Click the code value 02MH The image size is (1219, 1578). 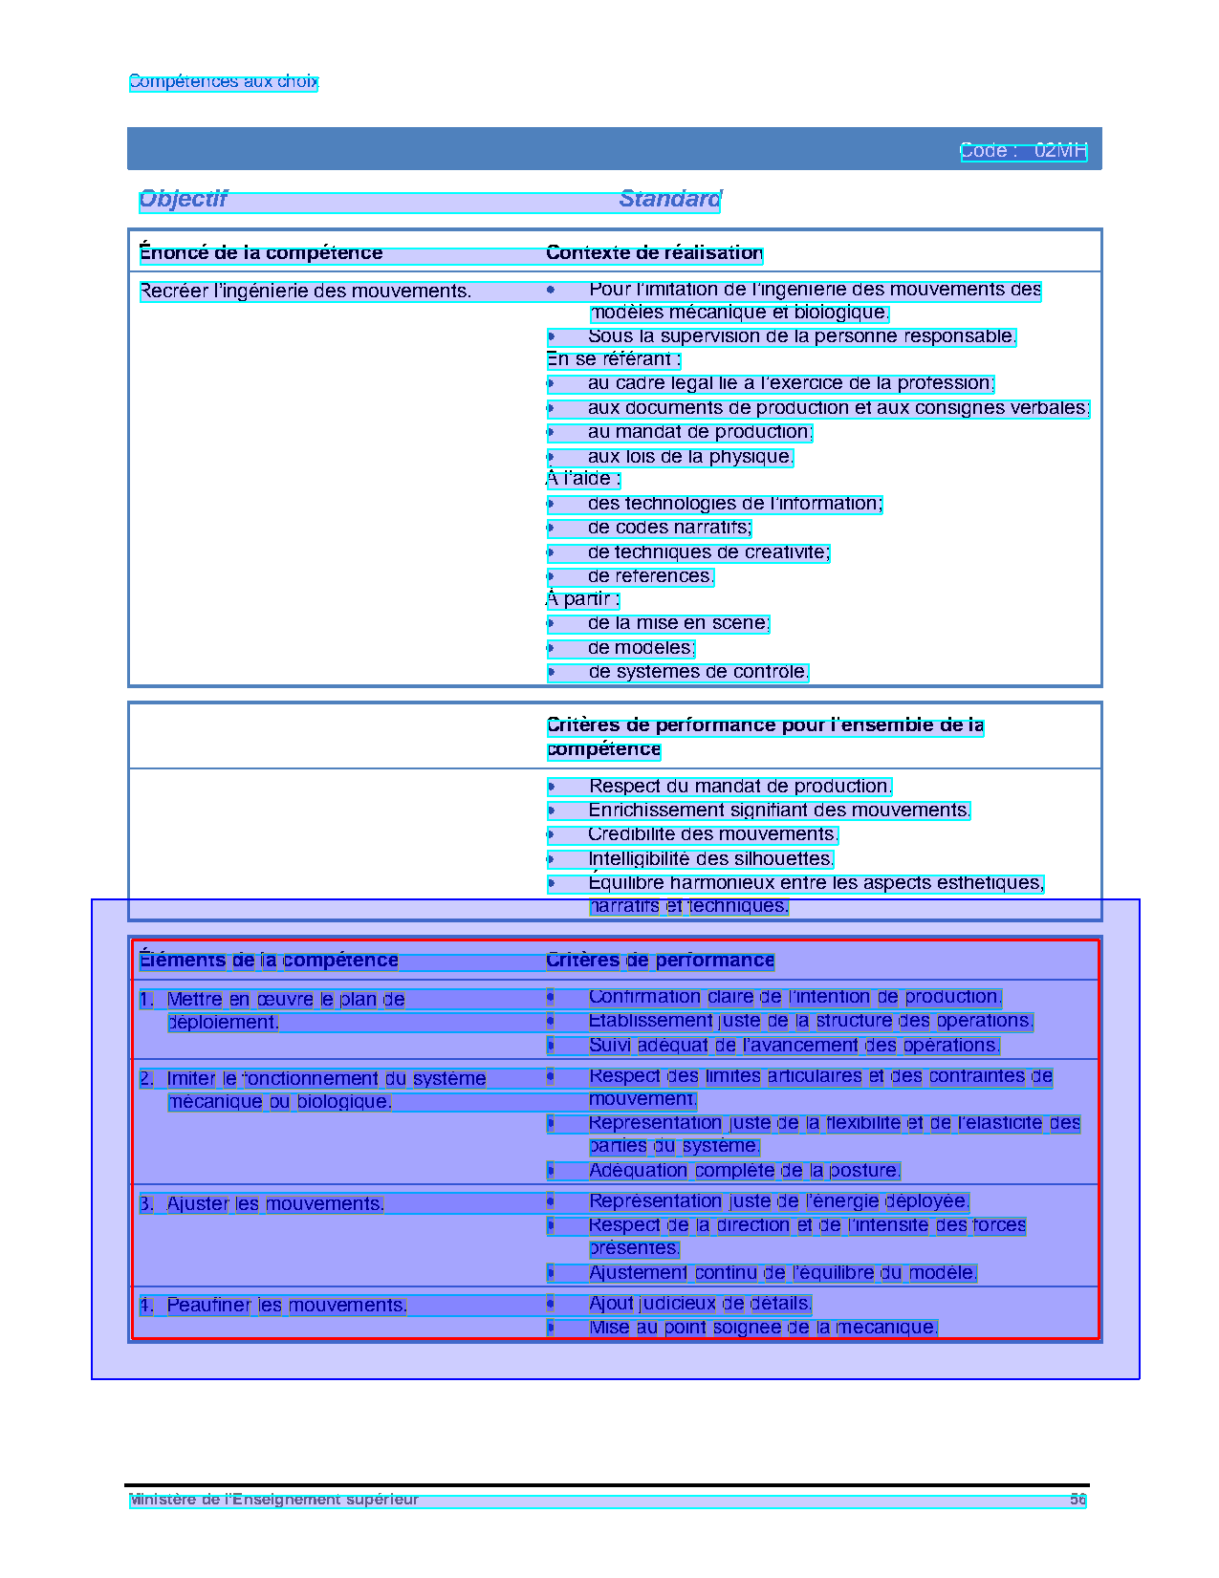click(1060, 151)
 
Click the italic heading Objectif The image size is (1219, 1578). click(184, 199)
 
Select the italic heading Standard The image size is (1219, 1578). click(669, 199)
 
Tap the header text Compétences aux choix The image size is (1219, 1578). click(223, 82)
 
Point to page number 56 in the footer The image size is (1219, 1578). click(1078, 1500)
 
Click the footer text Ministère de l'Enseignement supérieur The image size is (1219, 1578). click(274, 1500)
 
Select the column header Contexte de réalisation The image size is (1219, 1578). click(654, 253)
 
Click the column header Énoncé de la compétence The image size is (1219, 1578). click(261, 253)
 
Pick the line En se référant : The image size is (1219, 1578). click(614, 359)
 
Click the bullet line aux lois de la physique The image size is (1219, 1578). click(690, 457)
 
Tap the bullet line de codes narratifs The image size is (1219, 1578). click(669, 528)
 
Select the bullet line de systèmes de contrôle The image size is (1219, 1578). click(698, 672)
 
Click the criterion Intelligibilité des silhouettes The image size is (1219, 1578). click(711, 859)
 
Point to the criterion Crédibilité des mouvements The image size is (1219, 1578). click(713, 834)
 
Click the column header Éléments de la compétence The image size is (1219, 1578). click(269, 960)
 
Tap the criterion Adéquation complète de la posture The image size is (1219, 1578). click(745, 1171)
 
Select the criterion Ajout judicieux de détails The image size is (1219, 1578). click(700, 1304)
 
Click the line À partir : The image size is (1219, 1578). click(583, 599)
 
